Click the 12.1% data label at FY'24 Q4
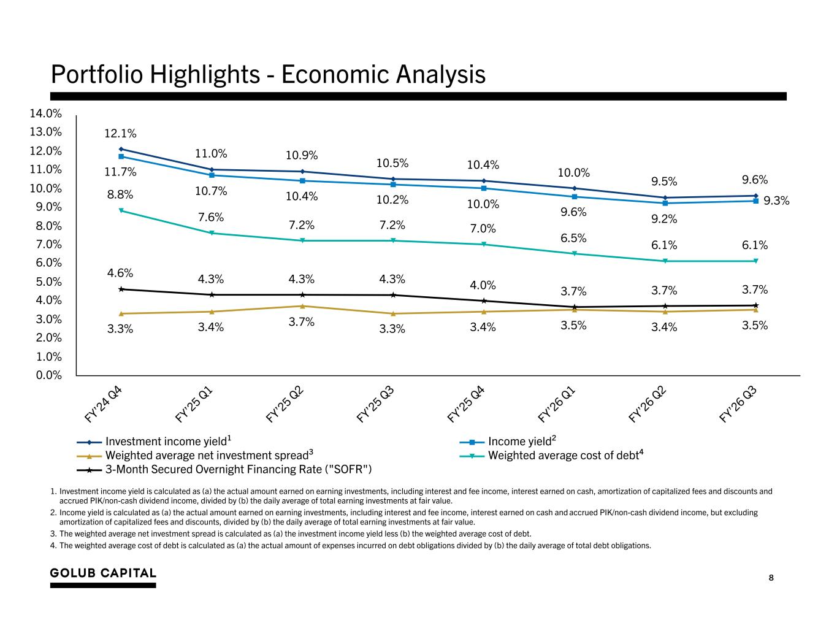tap(120, 133)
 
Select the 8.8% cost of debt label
tap(120, 194)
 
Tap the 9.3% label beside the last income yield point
tap(776, 201)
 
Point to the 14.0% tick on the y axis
tap(46, 113)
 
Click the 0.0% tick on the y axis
tap(49, 375)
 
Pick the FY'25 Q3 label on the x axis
tap(375, 404)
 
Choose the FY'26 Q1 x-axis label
tap(557, 404)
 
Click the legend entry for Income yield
tap(508, 441)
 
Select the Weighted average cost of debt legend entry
tap(551, 455)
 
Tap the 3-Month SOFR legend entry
tap(224, 469)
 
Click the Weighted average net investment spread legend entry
tap(194, 455)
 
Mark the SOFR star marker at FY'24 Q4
tap(121, 289)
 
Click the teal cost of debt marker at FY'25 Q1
tap(212, 233)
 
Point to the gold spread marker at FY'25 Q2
tap(302, 306)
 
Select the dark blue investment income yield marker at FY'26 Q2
tap(665, 197)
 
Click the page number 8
tap(771, 578)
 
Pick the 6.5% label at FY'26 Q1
tap(573, 238)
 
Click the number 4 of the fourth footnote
tap(53, 546)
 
